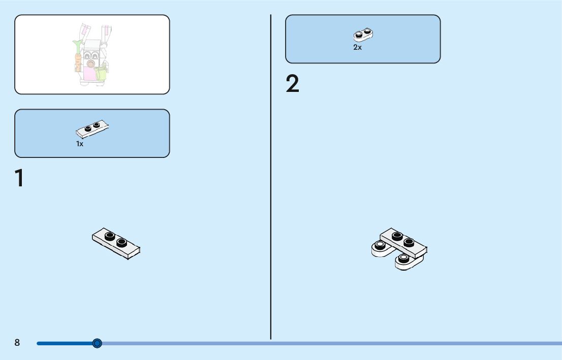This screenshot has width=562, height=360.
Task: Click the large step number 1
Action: click(19, 178)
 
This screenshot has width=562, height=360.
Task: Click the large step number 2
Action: click(292, 84)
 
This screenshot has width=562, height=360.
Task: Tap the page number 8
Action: click(17, 343)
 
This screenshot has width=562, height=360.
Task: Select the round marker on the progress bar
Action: click(98, 343)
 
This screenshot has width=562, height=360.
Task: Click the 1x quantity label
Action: click(80, 144)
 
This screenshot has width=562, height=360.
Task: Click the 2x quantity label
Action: click(357, 48)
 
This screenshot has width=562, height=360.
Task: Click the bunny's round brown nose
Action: click(90, 64)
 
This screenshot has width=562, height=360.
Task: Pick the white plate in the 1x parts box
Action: click(92, 129)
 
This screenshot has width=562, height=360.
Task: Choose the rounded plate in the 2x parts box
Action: click(363, 35)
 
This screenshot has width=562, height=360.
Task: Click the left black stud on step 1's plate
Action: click(110, 236)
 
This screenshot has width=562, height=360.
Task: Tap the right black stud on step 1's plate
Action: click(121, 242)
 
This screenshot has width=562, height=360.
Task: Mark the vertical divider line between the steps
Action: click(271, 178)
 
